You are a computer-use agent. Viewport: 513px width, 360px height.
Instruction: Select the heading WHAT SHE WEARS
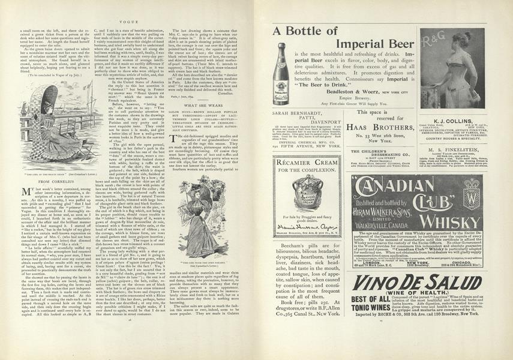[x=196, y=105]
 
